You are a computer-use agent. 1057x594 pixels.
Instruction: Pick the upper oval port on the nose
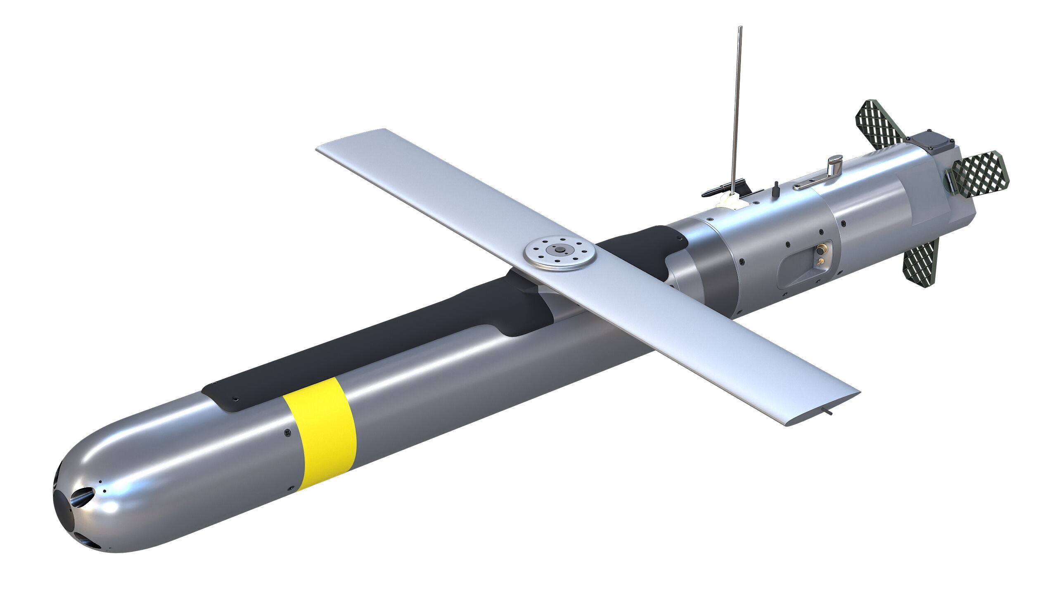tap(83, 495)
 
